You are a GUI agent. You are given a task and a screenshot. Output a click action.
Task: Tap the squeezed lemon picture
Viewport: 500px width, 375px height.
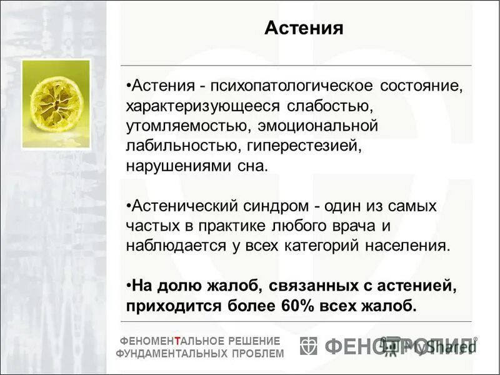(56, 104)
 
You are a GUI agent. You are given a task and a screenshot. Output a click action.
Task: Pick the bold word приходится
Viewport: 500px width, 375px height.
(167, 307)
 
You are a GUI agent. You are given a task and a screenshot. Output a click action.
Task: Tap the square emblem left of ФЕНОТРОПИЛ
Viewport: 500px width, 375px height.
(309, 346)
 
